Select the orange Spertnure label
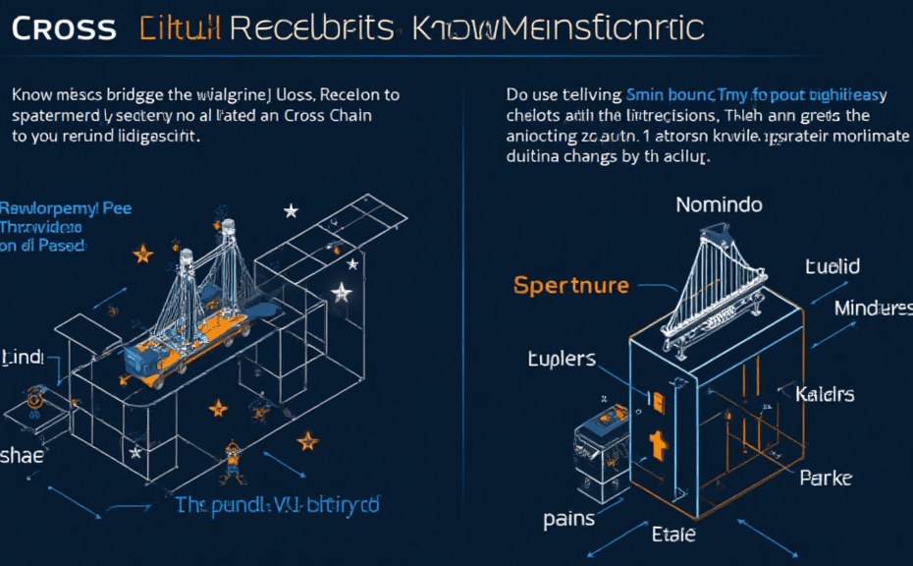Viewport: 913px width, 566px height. pyautogui.click(x=570, y=285)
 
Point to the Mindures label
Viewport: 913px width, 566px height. pyautogui.click(x=871, y=309)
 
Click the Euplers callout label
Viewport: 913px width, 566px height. pyautogui.click(x=562, y=358)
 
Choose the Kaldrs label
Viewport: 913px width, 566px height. pyautogui.click(x=825, y=395)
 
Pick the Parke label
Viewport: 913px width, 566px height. pyautogui.click(x=826, y=479)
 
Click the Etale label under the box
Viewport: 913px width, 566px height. pyautogui.click(x=673, y=535)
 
